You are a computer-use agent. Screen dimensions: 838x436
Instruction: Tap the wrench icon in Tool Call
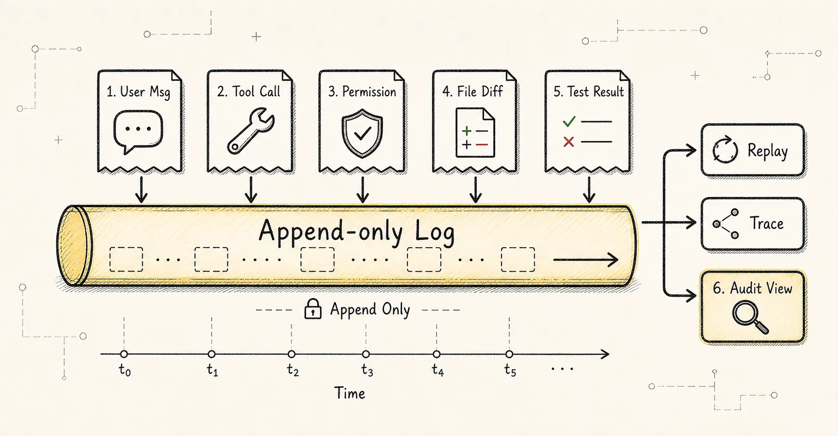250,131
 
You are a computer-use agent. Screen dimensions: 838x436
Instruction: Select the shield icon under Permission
362,133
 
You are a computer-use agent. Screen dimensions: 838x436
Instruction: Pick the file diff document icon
475,132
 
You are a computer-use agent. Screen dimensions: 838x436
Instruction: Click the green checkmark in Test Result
569,121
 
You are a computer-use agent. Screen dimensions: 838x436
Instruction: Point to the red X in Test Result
569,142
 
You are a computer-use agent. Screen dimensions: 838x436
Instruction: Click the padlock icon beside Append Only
313,309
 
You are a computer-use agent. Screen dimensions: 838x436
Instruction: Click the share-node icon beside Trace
726,224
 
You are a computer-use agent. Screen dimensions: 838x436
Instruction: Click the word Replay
768,151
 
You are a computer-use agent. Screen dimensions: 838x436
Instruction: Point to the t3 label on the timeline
367,370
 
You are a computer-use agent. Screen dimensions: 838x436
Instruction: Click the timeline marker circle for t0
124,354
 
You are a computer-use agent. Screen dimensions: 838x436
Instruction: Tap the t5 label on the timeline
510,370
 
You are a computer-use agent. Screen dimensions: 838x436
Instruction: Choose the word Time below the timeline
350,393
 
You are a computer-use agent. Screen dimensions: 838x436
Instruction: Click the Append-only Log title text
356,231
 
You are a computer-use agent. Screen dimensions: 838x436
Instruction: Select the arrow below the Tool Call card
251,189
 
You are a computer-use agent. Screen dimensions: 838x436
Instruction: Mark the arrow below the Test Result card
589,189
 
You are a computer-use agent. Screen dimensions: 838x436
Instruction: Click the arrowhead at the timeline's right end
605,355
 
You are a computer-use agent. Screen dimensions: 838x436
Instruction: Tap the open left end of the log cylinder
74,245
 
